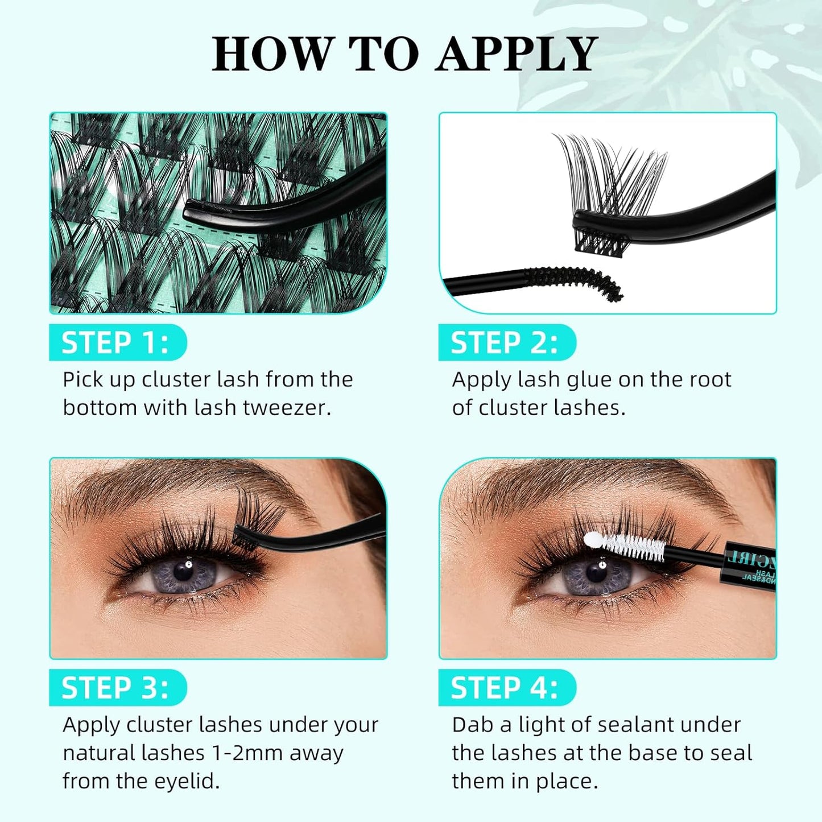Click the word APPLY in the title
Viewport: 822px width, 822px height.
coord(516,55)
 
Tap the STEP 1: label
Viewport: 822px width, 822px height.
coord(115,343)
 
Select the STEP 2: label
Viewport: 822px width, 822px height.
coord(504,343)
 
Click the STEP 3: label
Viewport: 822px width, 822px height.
coord(115,688)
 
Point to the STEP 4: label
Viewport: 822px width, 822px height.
coord(504,688)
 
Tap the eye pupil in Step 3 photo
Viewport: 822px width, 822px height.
coord(184,571)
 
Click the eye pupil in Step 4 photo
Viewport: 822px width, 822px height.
coord(595,572)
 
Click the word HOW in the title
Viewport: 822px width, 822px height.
coord(272,55)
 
